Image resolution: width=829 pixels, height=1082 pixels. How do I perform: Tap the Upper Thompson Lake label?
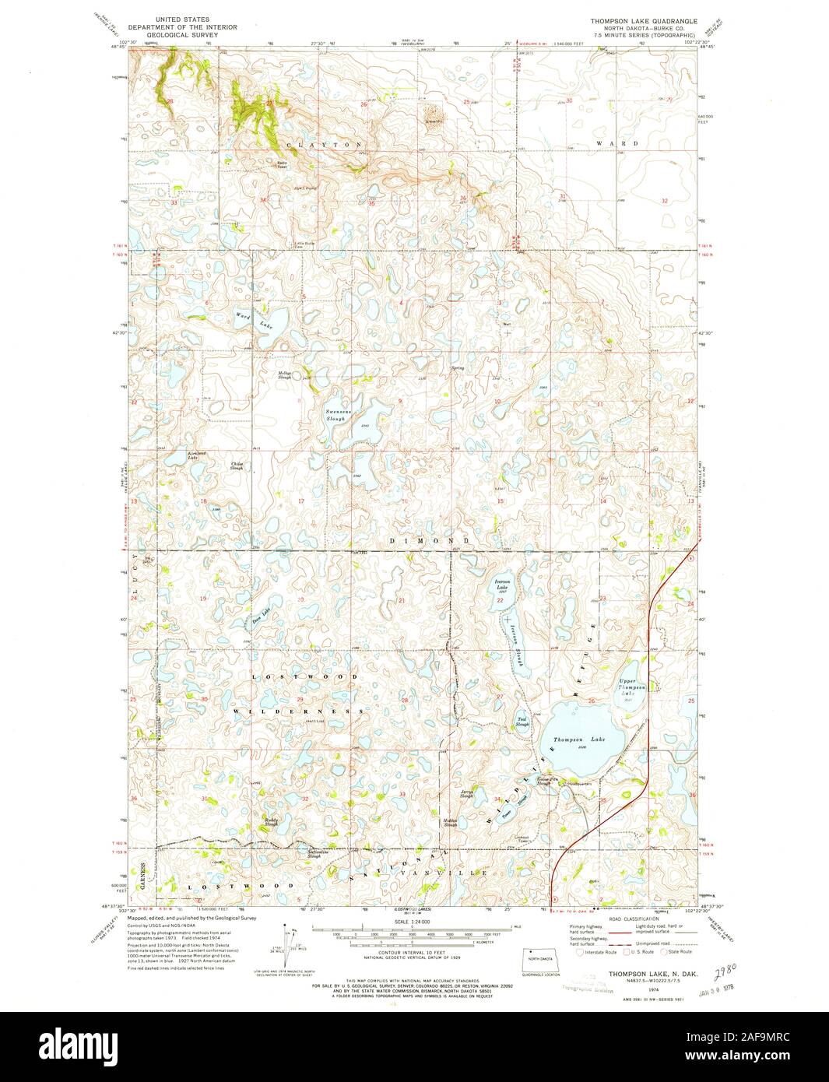pyautogui.click(x=632, y=687)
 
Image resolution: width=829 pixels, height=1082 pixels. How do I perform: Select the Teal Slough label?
pyautogui.click(x=522, y=722)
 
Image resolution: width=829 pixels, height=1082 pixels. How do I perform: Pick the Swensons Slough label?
pyautogui.click(x=335, y=416)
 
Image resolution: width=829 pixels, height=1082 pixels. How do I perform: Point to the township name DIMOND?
pyautogui.click(x=429, y=539)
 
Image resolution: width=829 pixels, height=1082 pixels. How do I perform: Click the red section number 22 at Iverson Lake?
pyautogui.click(x=501, y=600)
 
